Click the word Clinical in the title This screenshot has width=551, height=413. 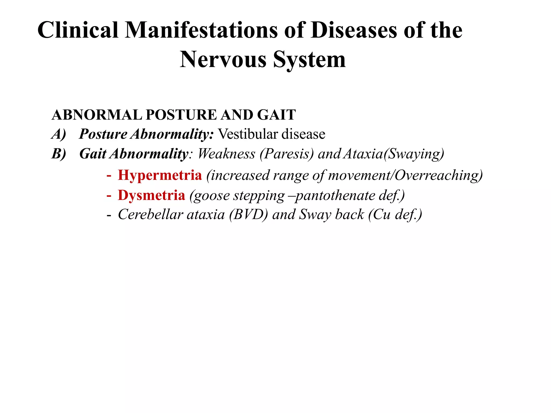[78, 30]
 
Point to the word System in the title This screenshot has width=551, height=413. [309, 60]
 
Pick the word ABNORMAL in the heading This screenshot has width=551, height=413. [97, 115]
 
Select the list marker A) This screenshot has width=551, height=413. [59, 134]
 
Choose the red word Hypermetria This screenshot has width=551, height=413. [160, 175]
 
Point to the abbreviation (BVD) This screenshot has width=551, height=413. [248, 215]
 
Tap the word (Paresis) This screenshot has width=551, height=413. [287, 154]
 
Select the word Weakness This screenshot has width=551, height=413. [226, 154]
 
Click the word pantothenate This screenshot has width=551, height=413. [335, 195]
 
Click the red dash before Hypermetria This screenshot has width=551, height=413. [109, 176]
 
